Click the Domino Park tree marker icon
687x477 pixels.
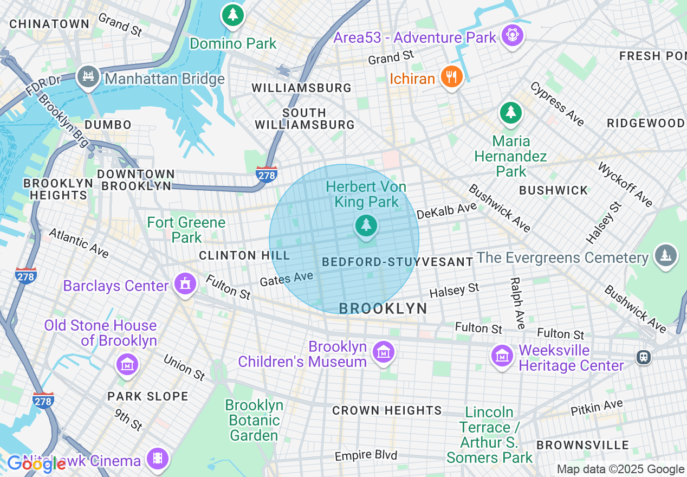pyautogui.click(x=232, y=15)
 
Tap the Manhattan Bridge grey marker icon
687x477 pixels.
pyautogui.click(x=88, y=76)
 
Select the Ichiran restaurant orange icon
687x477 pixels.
pyautogui.click(x=451, y=77)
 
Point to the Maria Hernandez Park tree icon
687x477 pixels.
pyautogui.click(x=510, y=112)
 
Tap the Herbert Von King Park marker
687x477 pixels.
pyautogui.click(x=366, y=225)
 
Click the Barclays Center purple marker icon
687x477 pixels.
pyautogui.click(x=185, y=283)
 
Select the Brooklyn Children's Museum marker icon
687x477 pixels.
pyautogui.click(x=384, y=352)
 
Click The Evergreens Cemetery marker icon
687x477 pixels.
pyautogui.click(x=666, y=255)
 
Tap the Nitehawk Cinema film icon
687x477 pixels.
pyautogui.click(x=158, y=459)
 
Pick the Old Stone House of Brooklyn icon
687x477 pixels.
pyautogui.click(x=127, y=364)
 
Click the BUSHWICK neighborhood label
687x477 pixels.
pyautogui.click(x=553, y=190)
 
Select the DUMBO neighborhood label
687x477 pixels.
pyautogui.click(x=108, y=125)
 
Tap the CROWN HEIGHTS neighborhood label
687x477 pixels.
pyautogui.click(x=387, y=410)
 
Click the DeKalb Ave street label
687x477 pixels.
pyautogui.click(x=447, y=211)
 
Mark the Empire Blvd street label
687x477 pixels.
pyautogui.click(x=366, y=455)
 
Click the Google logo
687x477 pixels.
pyautogui.click(x=36, y=463)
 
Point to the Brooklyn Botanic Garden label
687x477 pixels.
pyautogui.click(x=254, y=420)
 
